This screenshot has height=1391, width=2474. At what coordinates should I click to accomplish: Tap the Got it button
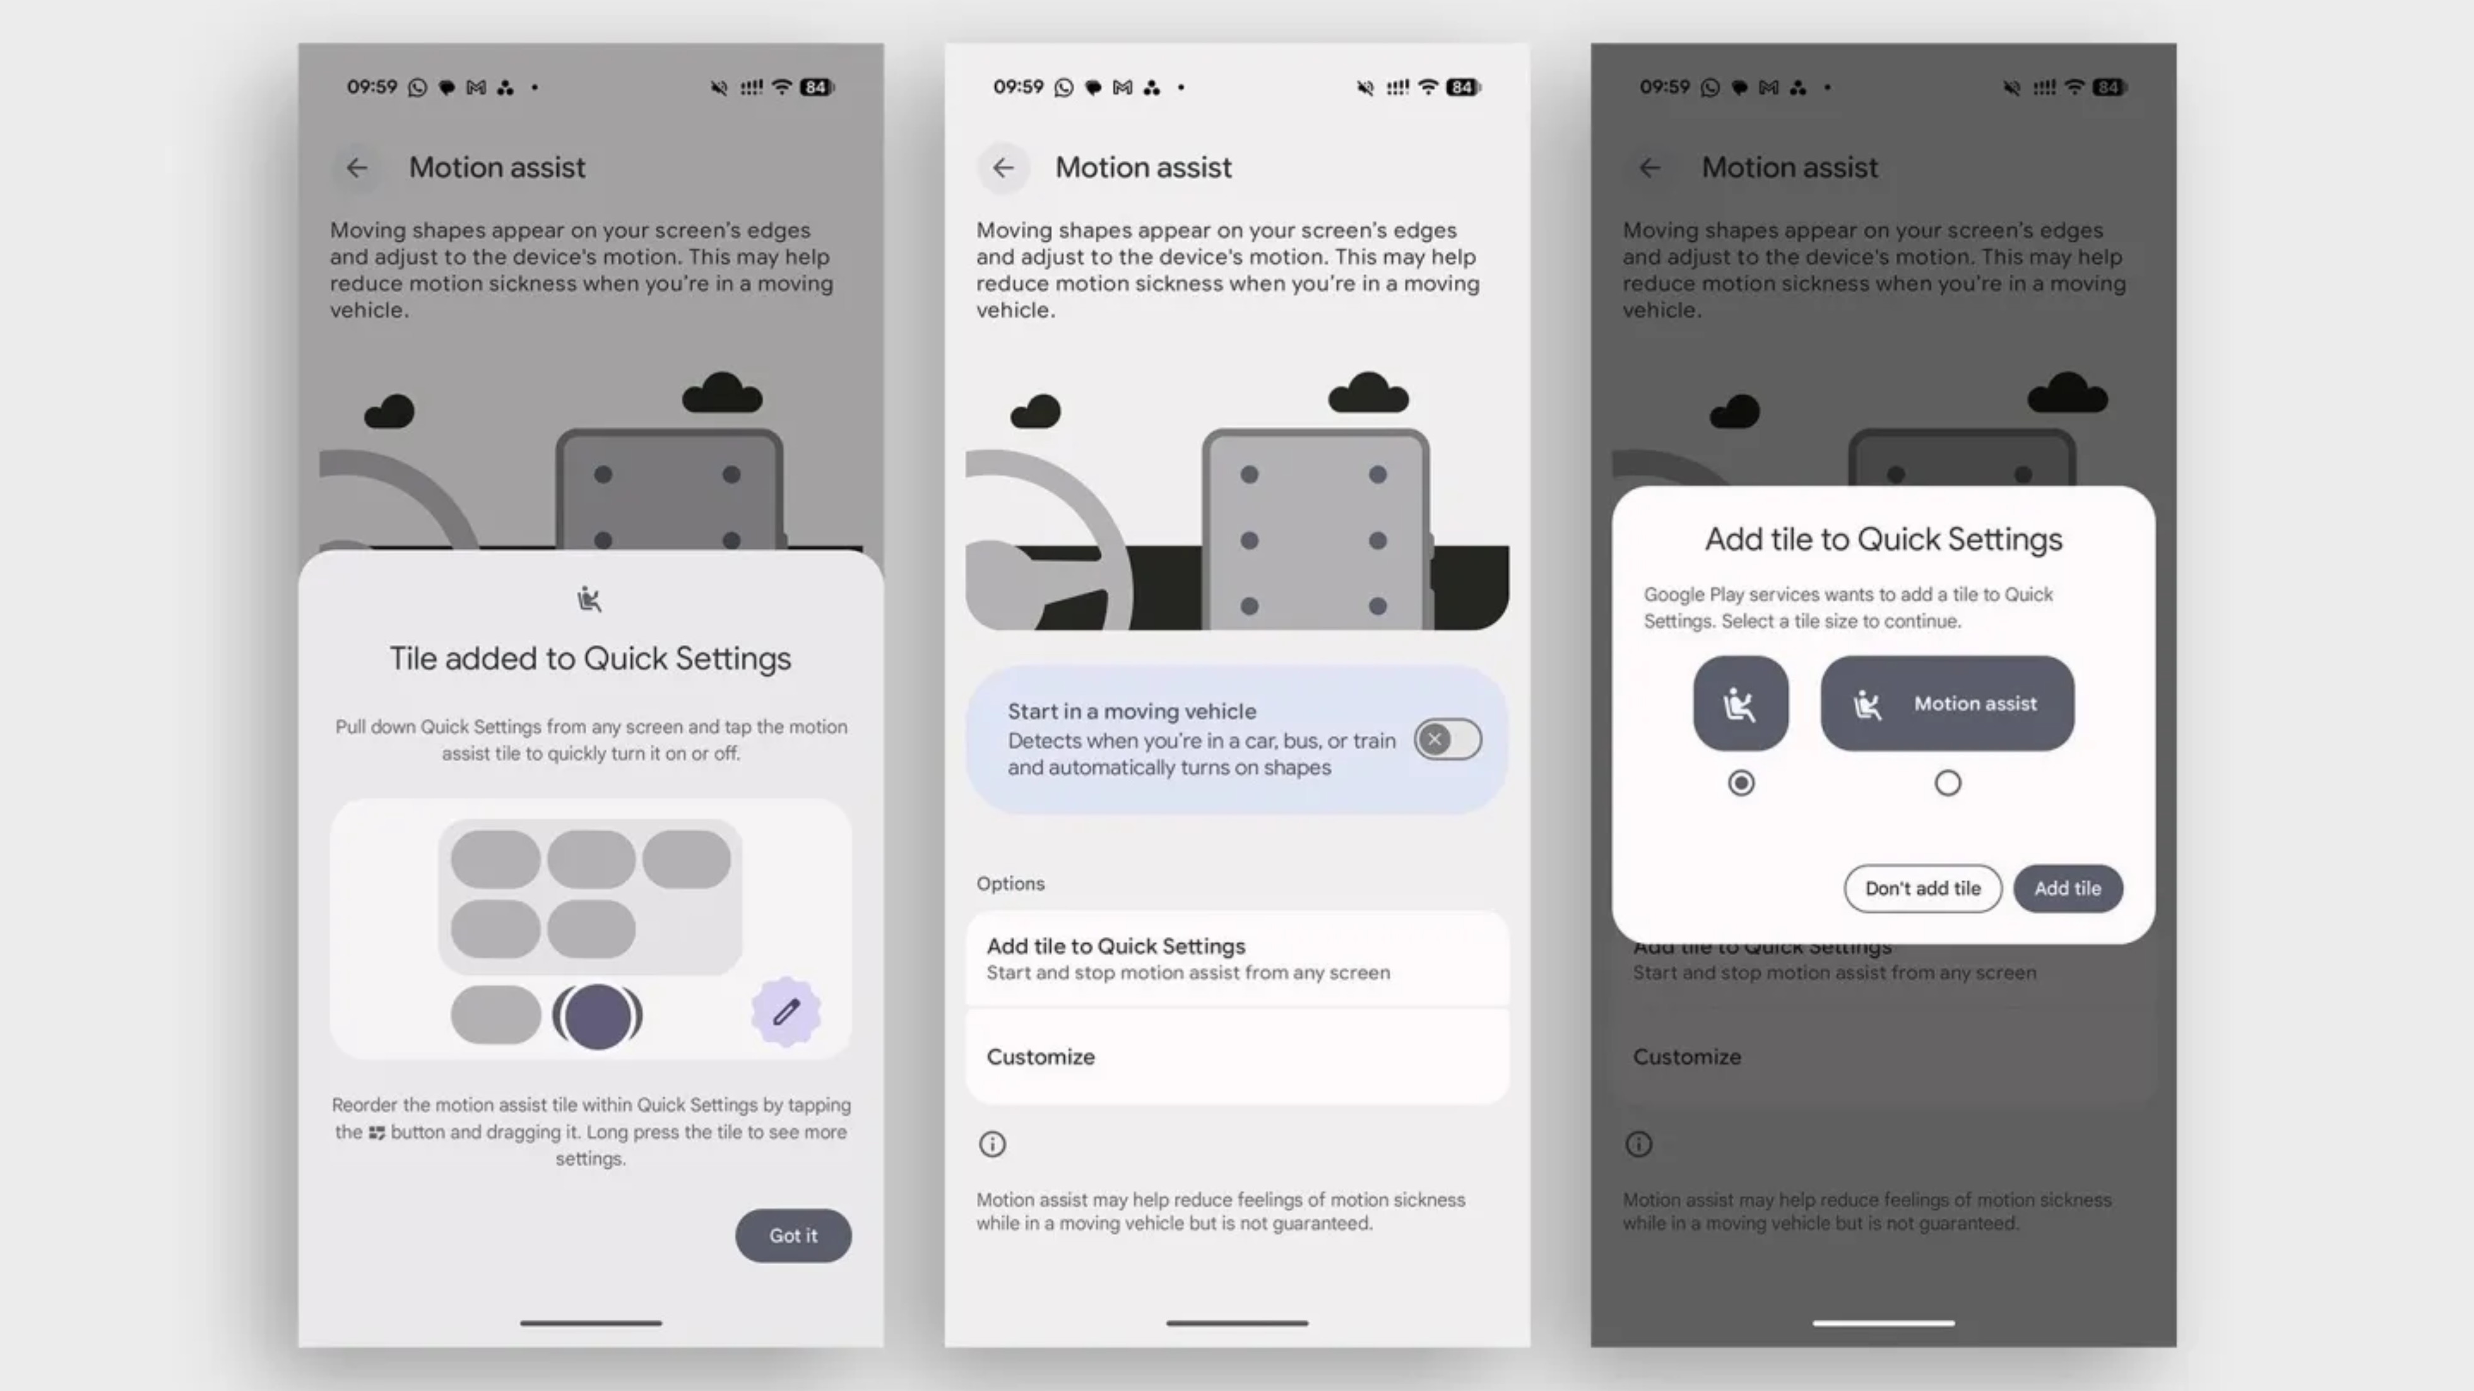(793, 1235)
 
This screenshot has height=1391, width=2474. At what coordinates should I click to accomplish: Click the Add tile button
(2068, 888)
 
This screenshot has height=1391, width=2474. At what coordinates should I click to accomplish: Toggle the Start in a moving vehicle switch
(1447, 739)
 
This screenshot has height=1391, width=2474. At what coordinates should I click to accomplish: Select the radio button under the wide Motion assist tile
(1948, 784)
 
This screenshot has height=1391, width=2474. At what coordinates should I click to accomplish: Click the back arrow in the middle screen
(1003, 168)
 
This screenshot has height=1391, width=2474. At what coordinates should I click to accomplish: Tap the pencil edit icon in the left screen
(786, 1012)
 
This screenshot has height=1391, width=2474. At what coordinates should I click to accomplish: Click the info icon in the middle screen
(992, 1144)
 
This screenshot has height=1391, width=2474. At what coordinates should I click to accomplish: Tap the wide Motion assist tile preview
(1948, 703)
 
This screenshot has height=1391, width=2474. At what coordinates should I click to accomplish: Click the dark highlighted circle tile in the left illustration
(598, 1016)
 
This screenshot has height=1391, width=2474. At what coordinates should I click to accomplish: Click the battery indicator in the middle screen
(1464, 87)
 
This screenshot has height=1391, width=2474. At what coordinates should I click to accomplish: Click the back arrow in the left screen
(357, 168)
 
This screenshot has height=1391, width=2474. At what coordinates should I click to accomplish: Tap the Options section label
(1010, 883)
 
